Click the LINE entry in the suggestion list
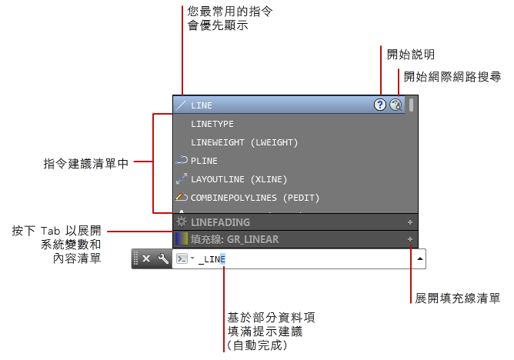(202, 105)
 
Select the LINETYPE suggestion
(212, 124)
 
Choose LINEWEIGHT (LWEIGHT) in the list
(244, 142)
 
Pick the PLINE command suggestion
(204, 161)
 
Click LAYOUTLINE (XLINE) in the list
(239, 179)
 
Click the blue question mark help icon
(380, 105)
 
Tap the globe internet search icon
(396, 105)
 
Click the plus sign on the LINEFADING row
(410, 222)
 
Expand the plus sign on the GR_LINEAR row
(410, 239)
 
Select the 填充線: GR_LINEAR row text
(234, 239)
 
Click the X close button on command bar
(146, 258)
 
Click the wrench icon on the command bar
(162, 258)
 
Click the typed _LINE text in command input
(212, 259)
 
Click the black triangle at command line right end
(419, 259)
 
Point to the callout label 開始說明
(411, 55)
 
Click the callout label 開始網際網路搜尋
(453, 77)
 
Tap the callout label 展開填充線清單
(458, 298)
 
